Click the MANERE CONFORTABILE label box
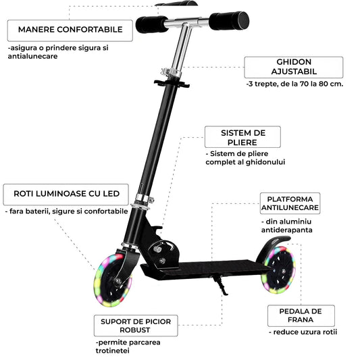pos(70,30)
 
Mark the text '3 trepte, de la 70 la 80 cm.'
pos(295,84)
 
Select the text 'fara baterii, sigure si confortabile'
pos(67,211)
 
